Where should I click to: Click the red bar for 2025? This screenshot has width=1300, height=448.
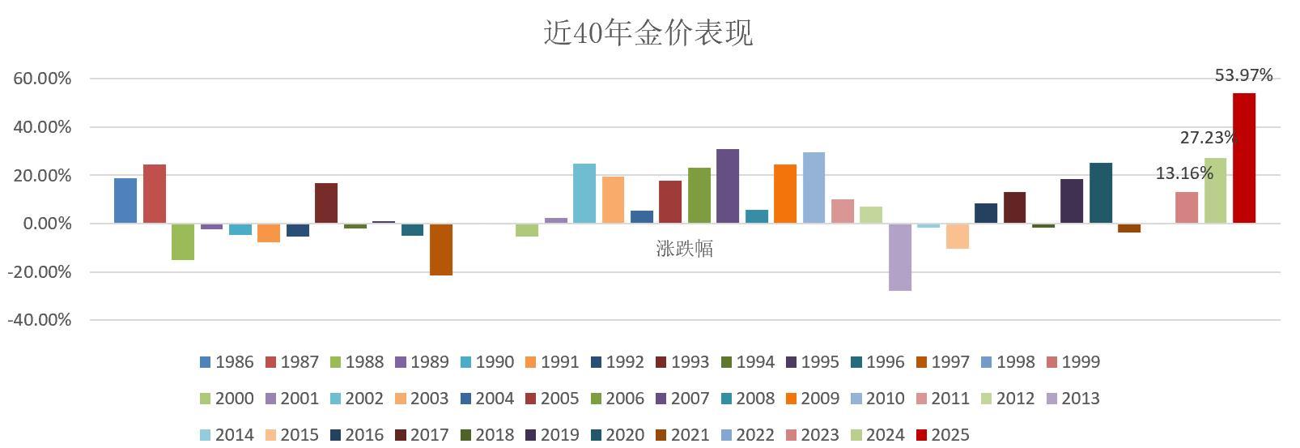tap(1243, 158)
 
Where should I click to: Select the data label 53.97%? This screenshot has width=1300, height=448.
tap(1243, 75)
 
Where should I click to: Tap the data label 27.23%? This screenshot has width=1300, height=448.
tap(1207, 138)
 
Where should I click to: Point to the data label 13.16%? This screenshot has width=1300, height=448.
tap(1183, 173)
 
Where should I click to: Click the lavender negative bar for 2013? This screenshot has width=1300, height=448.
tap(899, 257)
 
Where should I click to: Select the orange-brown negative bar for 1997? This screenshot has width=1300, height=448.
tap(441, 250)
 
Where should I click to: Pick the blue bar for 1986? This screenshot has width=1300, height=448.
tap(125, 200)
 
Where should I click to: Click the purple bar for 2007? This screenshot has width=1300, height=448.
tap(727, 186)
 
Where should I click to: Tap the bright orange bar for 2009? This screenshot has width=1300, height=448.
tap(784, 194)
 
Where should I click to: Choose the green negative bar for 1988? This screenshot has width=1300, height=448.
tap(183, 241)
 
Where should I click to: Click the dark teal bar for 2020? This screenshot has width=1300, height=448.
tap(1100, 193)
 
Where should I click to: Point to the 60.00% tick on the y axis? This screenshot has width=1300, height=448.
tap(42, 79)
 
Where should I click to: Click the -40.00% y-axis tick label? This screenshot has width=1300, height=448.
tap(40, 320)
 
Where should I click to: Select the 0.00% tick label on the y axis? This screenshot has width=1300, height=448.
tap(45, 224)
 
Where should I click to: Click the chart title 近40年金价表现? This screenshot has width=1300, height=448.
tap(648, 33)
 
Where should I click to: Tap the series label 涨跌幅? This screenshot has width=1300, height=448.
tap(684, 249)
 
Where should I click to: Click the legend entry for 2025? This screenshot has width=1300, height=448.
tap(942, 435)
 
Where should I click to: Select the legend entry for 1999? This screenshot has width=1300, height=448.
tap(1073, 362)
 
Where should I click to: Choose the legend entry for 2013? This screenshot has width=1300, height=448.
tap(1073, 399)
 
